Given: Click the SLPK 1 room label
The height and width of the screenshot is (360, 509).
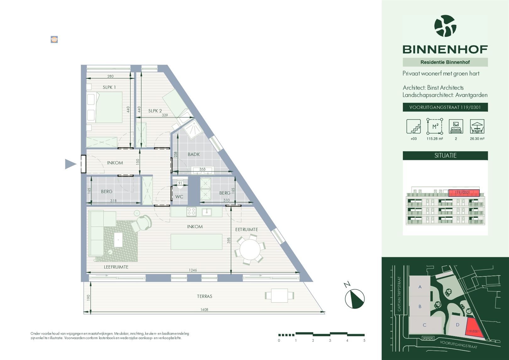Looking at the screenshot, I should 109,87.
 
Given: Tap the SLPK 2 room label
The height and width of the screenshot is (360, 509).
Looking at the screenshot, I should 155,111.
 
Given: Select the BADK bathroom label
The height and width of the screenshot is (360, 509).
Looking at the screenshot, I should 194,154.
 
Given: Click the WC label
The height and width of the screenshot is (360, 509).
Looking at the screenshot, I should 179,197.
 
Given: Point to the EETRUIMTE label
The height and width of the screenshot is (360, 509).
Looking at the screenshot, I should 246,230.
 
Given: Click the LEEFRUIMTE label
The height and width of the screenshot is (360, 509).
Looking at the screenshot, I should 116,267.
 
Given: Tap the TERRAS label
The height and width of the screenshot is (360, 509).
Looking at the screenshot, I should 205,296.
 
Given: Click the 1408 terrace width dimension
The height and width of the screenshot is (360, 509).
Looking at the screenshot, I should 204,310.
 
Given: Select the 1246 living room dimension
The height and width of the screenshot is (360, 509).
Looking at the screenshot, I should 193,270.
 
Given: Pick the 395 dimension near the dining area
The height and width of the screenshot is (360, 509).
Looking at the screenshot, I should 229,240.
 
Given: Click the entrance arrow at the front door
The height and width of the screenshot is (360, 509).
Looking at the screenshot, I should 70,164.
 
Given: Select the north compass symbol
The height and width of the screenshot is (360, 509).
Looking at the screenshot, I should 354,298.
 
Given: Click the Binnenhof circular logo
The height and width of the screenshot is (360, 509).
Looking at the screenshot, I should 445,26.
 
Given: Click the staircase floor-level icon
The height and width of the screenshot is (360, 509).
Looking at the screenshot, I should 413,126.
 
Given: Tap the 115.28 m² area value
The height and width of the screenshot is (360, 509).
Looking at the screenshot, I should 435,139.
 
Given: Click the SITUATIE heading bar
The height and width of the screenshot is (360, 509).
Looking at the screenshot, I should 445,155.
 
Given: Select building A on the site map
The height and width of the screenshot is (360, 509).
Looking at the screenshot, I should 420,287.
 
